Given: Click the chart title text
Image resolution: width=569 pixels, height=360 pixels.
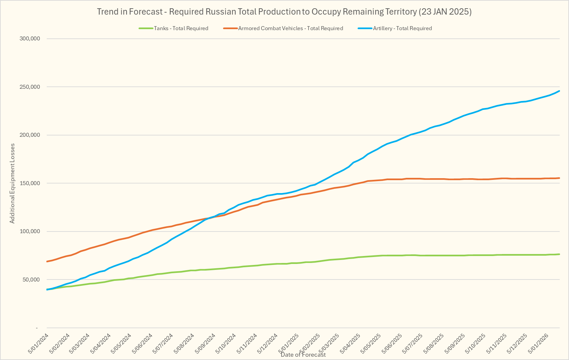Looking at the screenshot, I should [284, 12].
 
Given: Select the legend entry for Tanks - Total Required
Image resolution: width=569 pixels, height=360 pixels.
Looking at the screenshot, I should [181, 28].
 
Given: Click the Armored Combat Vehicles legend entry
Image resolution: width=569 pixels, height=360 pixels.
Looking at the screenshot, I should [290, 28].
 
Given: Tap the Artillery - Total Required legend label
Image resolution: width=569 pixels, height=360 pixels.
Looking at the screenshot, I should [402, 28].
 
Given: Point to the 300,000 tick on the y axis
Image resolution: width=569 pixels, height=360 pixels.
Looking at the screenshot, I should [30, 39].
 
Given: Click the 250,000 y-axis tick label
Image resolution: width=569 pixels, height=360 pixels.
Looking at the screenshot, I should [30, 87].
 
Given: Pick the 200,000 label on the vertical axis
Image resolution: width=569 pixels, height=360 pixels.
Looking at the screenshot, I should [30, 135].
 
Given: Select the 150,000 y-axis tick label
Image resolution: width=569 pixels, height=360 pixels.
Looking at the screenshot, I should [30, 183].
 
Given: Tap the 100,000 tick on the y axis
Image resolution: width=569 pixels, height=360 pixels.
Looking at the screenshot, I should [30, 231].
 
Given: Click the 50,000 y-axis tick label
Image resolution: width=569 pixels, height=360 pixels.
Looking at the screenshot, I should [31, 280].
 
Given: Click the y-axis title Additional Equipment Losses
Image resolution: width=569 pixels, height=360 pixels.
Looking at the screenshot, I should [12, 183].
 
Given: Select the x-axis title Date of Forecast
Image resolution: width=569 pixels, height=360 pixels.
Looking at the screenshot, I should [303, 355].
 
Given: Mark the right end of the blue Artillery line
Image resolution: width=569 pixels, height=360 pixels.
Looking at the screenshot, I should [559, 91].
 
